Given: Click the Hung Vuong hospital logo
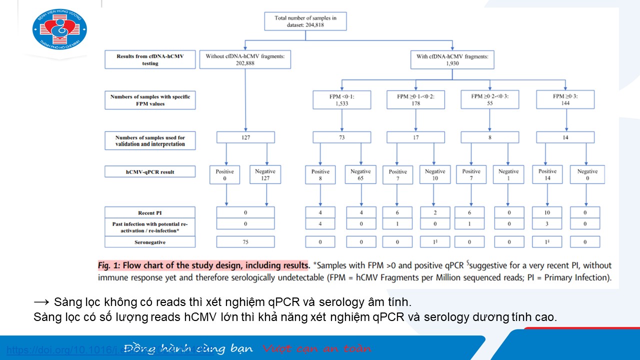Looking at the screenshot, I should [x=59, y=29].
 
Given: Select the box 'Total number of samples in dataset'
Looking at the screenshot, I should [x=305, y=21].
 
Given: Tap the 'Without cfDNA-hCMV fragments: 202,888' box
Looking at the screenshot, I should [x=245, y=60].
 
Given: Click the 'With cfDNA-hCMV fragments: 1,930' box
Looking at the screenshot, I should [x=452, y=60].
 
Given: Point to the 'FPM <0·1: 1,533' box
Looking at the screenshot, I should [x=342, y=100].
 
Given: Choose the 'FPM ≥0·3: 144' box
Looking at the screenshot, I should [x=565, y=100].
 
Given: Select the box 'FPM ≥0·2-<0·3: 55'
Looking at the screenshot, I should [x=490, y=100].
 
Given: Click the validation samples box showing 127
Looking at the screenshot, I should [x=245, y=137].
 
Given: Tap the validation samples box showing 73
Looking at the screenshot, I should [x=342, y=137].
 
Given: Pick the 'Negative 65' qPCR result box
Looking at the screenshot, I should [x=360, y=174].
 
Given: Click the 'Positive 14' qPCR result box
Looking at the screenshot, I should [x=547, y=174].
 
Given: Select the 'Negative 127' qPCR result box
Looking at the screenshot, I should [x=265, y=174].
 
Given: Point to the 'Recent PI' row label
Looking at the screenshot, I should [x=150, y=212].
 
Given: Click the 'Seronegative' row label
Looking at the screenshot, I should [x=150, y=242].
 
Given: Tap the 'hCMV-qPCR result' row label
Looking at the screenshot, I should [x=150, y=172].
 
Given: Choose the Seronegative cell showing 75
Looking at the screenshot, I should [x=245, y=242].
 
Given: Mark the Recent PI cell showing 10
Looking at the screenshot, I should [x=547, y=212].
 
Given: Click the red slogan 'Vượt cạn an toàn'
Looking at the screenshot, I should [x=317, y=348].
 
